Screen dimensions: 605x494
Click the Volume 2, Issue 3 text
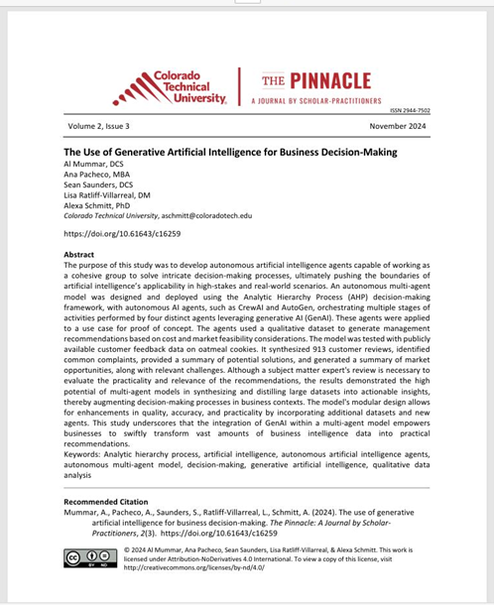click(98, 127)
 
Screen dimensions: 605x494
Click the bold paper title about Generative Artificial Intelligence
click(230, 152)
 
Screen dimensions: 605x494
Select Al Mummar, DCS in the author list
click(96, 164)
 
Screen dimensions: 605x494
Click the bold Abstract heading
click(79, 255)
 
